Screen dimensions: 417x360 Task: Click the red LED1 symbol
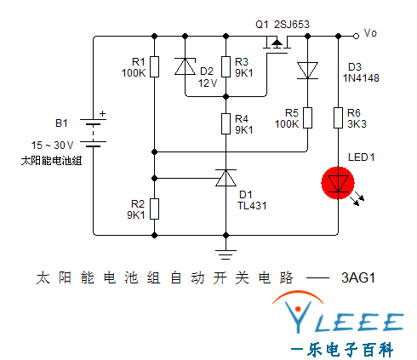click(x=338, y=183)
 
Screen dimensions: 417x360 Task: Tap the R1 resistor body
click(x=154, y=66)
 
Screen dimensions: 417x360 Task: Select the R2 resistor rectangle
click(x=154, y=209)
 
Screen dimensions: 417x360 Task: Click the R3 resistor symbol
click(x=226, y=66)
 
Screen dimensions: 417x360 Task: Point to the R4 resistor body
click(x=226, y=123)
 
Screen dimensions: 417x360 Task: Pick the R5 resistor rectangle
click(x=307, y=117)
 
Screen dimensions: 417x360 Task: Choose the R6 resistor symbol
click(x=338, y=117)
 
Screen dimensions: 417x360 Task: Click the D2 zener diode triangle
click(x=185, y=66)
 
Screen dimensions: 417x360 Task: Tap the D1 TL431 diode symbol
click(x=226, y=178)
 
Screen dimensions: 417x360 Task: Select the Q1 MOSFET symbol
click(x=277, y=44)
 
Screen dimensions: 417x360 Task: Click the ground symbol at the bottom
click(x=226, y=254)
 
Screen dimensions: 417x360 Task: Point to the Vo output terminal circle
click(x=356, y=36)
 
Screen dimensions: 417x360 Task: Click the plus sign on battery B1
click(x=102, y=114)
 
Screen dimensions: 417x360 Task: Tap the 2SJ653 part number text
click(x=292, y=25)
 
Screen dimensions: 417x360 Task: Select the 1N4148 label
click(x=361, y=78)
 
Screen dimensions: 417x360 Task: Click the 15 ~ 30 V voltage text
click(x=52, y=146)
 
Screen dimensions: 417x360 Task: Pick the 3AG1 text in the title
click(x=358, y=277)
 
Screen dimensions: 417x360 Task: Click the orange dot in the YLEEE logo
click(x=298, y=309)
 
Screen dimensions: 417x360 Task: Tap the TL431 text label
click(x=252, y=206)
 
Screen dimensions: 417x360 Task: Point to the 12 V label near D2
click(x=208, y=83)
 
